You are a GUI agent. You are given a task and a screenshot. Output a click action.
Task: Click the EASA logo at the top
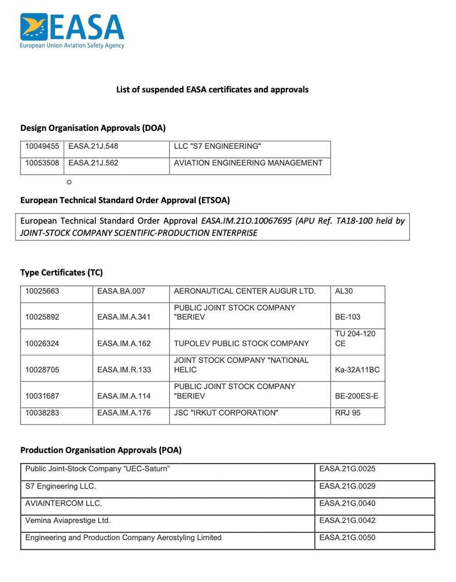point(72,30)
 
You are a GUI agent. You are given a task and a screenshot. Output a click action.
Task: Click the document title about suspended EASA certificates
point(212,90)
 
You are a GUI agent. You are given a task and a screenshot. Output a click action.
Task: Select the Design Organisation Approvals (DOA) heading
point(93,128)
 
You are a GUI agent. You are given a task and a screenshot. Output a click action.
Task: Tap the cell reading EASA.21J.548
point(93,146)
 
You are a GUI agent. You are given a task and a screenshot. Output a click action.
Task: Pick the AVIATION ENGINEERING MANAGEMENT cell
point(248,163)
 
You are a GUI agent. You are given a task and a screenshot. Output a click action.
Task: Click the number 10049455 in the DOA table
point(42,146)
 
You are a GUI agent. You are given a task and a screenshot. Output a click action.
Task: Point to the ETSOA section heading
point(125,200)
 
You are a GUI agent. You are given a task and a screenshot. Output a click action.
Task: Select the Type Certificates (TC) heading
point(61,272)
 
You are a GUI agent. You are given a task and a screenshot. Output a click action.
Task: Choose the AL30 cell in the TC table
point(344,291)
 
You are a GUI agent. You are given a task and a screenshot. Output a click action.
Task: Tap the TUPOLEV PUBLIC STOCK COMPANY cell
point(241,343)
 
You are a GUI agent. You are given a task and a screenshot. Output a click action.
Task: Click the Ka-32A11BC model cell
point(357,370)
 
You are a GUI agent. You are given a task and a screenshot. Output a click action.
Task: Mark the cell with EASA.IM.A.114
point(124,396)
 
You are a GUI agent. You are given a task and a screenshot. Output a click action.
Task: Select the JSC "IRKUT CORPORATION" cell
point(226,413)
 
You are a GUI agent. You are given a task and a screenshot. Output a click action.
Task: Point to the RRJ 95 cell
point(348,413)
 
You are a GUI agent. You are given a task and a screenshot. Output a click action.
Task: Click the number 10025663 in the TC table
point(42,291)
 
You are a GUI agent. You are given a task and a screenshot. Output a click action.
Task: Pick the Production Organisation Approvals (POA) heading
point(101,450)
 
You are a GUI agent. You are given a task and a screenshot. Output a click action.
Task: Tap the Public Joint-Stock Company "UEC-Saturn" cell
point(98,469)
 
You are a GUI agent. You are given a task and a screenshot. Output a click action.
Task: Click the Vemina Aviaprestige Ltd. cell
point(68,521)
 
